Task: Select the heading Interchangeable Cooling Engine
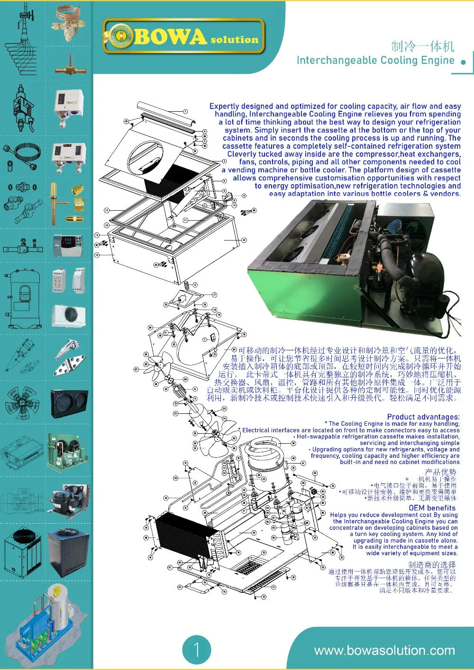coord(375,61)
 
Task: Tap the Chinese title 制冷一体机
coord(423,46)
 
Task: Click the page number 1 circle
coord(196,649)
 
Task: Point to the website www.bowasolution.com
coord(384,650)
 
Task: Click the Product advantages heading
coord(423,417)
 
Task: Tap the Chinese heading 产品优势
coord(440,472)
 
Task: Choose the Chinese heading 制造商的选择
coord(432,564)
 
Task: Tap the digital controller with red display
coord(68,245)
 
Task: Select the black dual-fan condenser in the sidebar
coord(69,404)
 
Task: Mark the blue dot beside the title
coord(463,62)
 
